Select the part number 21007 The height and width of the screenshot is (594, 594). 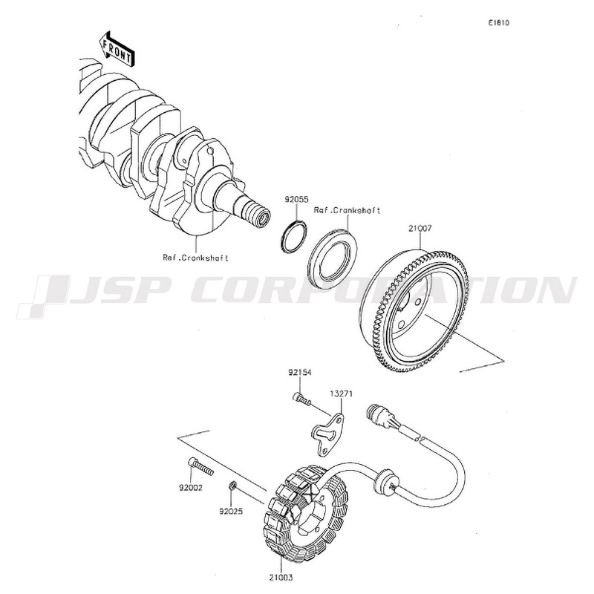click(x=420, y=229)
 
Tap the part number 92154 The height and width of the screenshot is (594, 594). click(x=300, y=373)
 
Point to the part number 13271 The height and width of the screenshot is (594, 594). click(x=341, y=394)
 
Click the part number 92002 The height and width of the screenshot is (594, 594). click(x=191, y=489)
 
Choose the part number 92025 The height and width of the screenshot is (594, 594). click(x=231, y=512)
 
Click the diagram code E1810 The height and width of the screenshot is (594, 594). click(x=499, y=23)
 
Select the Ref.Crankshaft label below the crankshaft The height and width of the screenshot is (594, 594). click(x=195, y=258)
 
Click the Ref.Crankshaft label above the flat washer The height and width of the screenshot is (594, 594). click(x=347, y=211)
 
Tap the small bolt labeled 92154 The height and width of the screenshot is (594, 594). click(x=301, y=399)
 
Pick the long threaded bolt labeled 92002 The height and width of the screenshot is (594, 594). click(x=200, y=467)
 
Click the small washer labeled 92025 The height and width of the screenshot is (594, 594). click(x=233, y=486)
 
